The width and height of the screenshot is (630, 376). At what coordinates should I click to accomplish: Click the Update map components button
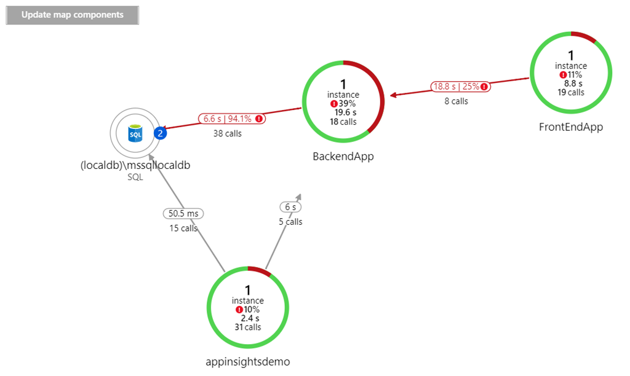tap(73, 15)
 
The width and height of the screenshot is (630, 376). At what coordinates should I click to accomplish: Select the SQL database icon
tap(135, 133)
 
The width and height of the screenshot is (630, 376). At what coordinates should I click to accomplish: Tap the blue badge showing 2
tap(161, 133)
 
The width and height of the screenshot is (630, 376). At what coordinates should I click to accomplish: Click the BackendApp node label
tap(343, 156)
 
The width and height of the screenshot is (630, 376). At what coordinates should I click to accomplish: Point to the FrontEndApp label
tap(570, 127)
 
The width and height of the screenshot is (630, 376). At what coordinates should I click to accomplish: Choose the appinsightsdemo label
tap(247, 361)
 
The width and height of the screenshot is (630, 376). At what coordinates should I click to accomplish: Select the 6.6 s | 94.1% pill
tap(231, 119)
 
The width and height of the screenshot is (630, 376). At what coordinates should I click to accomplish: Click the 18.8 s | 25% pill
tap(460, 87)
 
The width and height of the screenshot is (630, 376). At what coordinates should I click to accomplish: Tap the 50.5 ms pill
tap(184, 213)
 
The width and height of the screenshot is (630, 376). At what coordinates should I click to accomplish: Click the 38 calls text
tap(227, 133)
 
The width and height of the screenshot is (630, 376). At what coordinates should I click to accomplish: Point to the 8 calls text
tap(456, 101)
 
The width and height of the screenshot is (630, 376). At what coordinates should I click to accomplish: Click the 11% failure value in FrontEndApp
tap(574, 74)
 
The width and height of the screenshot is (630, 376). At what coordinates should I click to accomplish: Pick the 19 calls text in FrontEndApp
tap(571, 93)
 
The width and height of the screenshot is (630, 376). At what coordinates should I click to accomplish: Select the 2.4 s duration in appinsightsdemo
tap(250, 318)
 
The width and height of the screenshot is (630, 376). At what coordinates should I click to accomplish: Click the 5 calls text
tap(290, 222)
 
